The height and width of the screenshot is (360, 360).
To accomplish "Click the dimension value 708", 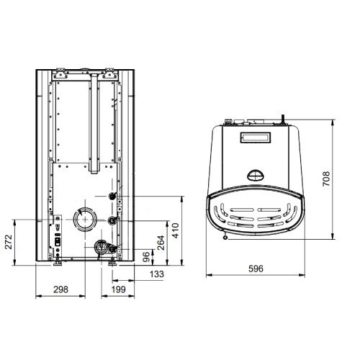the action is pos(326,179).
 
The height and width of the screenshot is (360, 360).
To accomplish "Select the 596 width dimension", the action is pos(256,269).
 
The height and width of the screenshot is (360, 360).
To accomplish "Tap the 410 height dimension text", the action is pos(176,230).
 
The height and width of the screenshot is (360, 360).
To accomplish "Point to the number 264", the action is pos(161,243).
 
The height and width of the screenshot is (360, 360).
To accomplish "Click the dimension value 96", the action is pos(146,257).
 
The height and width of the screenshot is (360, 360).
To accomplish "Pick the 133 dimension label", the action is pos(157,274).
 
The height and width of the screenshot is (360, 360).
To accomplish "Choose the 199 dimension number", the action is pos(118,289).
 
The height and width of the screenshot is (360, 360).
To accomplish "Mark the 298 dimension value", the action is pos(60,289).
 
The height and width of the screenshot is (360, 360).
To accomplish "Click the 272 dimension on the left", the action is pos(9,242).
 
